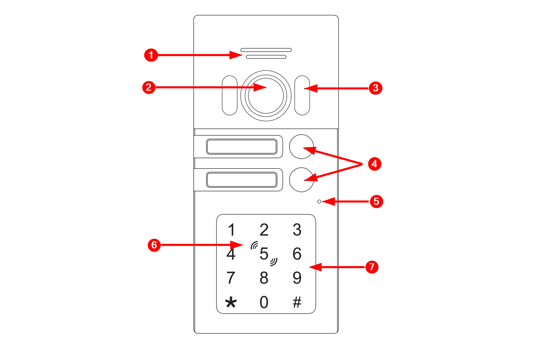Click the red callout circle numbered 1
pos(151,55)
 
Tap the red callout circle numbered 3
pos(375,88)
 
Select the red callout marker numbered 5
pos(376,201)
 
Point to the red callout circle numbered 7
pos(372,267)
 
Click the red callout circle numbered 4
pos(375,164)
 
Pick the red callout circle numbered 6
pos(154,245)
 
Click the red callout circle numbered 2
pos(149,87)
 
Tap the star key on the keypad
pos(231,303)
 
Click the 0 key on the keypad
pos(264,302)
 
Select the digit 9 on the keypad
pos(297,278)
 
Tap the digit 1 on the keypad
pos(232,229)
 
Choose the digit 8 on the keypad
pos(264,278)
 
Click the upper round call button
pos(301,146)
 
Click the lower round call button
pos(301,180)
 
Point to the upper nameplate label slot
pos(242,146)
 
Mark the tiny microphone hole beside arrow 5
pos(319,201)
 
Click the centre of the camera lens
pos(266,96)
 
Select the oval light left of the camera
pos(230,95)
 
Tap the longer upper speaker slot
pos(266,50)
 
